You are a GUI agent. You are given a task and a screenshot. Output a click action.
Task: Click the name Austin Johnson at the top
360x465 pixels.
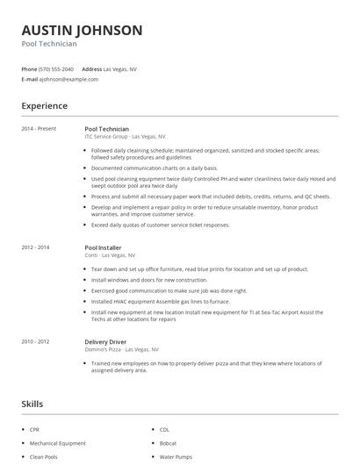pyautogui.click(x=82, y=31)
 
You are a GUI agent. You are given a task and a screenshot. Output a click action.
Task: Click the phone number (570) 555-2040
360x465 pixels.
pyautogui.click(x=56, y=68)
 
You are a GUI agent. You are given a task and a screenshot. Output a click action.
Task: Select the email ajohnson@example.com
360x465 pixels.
pyautogui.click(x=68, y=79)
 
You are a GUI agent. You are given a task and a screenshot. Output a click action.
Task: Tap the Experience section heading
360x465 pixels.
pyautogui.click(x=45, y=106)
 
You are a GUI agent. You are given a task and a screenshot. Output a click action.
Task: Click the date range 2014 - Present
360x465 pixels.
pyautogui.click(x=39, y=129)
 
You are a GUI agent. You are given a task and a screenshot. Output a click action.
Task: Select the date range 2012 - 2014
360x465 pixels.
pyautogui.click(x=37, y=248)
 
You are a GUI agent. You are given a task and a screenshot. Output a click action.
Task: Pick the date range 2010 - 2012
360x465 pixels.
pyautogui.click(x=37, y=340)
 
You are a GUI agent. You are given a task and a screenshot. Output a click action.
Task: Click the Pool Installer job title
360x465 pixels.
pyautogui.click(x=104, y=248)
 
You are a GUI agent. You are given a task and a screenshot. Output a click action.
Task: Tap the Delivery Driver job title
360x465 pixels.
pyautogui.click(x=107, y=340)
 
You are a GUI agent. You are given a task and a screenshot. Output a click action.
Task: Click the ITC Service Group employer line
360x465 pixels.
pyautogui.click(x=125, y=137)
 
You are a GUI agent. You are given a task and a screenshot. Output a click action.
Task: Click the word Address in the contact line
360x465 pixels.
pyautogui.click(x=91, y=68)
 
